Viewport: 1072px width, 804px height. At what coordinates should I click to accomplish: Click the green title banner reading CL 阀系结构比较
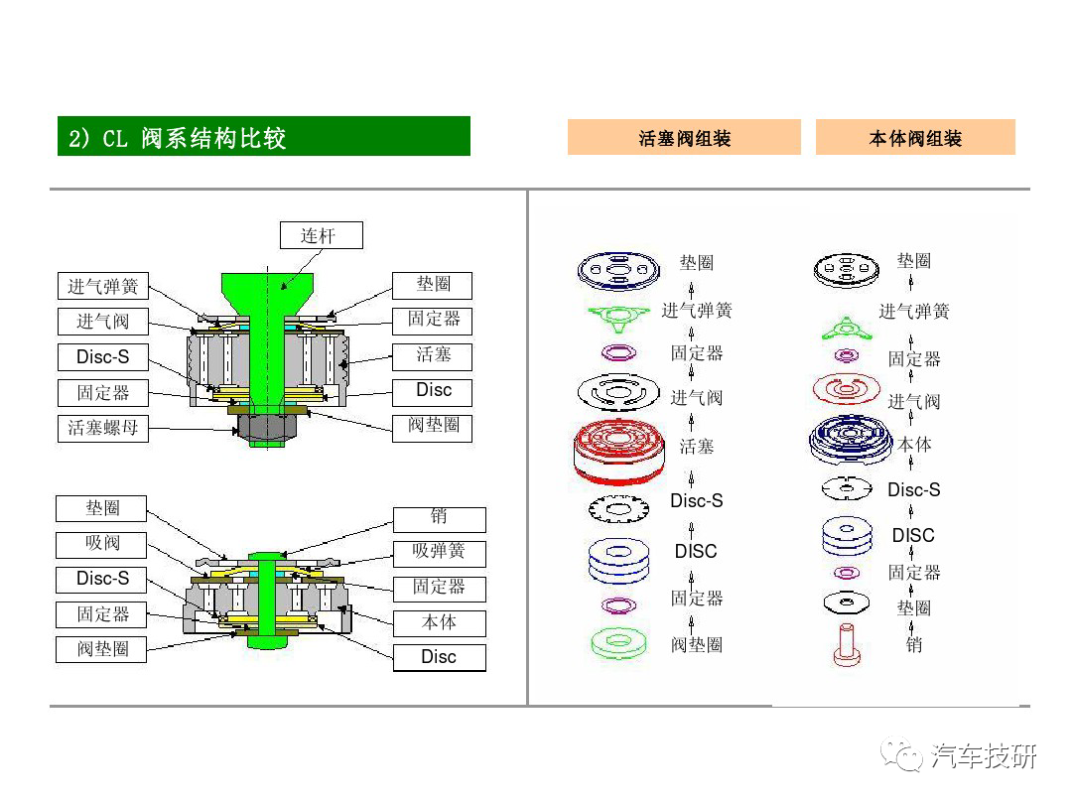pyautogui.click(x=263, y=137)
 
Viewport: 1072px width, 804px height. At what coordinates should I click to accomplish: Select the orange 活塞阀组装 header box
pyautogui.click(x=684, y=138)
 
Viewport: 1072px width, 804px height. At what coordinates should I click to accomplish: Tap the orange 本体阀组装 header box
pyautogui.click(x=915, y=138)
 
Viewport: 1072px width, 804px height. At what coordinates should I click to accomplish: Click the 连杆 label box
pyautogui.click(x=320, y=235)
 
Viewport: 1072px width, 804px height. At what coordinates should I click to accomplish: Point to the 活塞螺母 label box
pyautogui.click(x=103, y=429)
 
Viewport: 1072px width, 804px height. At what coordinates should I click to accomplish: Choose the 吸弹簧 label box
pyautogui.click(x=439, y=552)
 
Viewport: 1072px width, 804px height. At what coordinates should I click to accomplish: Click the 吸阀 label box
pyautogui.click(x=102, y=544)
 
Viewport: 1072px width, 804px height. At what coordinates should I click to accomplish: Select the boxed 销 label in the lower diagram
pyautogui.click(x=439, y=517)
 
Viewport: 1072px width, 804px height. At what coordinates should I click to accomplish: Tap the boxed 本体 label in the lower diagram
pyautogui.click(x=439, y=623)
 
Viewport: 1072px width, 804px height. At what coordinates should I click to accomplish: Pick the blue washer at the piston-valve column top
pyautogui.click(x=617, y=268)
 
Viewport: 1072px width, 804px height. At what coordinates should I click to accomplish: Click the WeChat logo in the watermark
pyautogui.click(x=905, y=756)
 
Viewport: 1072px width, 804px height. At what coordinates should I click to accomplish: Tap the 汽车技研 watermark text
pyautogui.click(x=985, y=756)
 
